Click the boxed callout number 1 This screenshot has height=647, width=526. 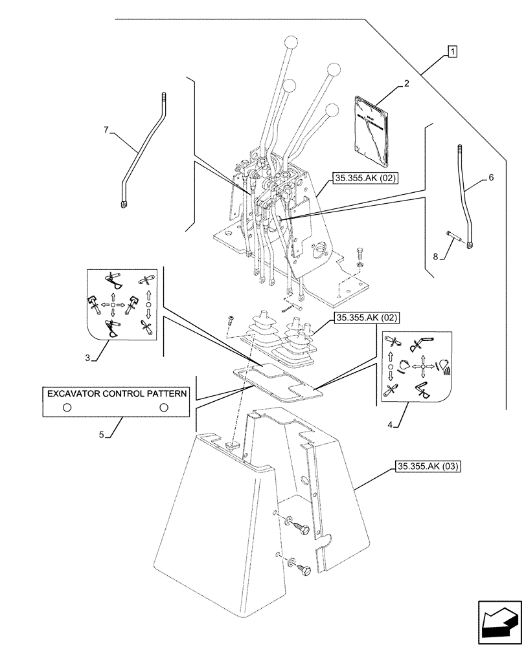pyautogui.click(x=453, y=52)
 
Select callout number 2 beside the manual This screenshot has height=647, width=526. pyautogui.click(x=406, y=83)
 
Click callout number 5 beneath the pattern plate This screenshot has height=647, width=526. pyautogui.click(x=102, y=435)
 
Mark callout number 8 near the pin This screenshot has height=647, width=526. pyautogui.click(x=435, y=257)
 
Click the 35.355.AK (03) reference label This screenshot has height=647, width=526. pyautogui.click(x=426, y=466)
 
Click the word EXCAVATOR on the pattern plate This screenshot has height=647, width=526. pyautogui.click(x=71, y=393)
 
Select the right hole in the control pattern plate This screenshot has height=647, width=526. pyautogui.click(x=164, y=407)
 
